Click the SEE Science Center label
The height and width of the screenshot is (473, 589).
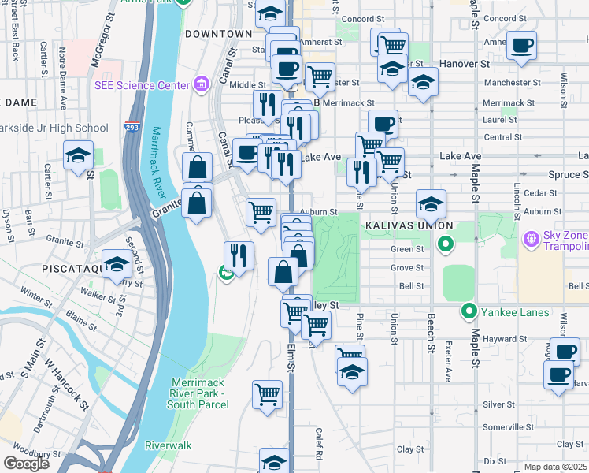[143, 85]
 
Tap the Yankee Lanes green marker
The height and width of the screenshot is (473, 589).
[470, 312]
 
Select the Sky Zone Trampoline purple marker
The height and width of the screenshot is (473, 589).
[530, 236]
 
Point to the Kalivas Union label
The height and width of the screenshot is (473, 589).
[398, 225]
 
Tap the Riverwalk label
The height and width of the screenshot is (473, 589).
[168, 445]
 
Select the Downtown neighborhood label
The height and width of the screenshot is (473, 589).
[218, 34]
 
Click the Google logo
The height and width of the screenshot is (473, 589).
[26, 464]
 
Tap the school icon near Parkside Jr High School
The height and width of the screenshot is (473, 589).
[78, 156]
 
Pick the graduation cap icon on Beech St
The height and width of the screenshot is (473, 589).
[431, 205]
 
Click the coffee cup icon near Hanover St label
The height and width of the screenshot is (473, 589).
[521, 45]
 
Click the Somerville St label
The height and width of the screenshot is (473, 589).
[498, 426]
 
